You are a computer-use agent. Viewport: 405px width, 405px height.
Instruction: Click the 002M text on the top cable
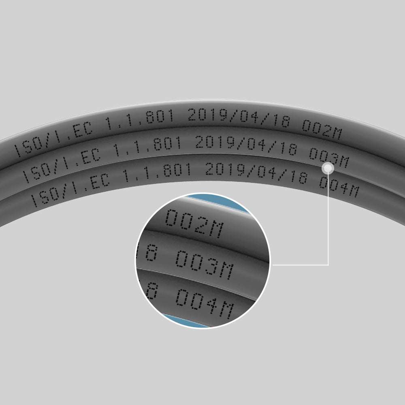point(322,130)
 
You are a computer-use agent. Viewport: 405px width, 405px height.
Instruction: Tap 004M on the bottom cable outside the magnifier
point(339,187)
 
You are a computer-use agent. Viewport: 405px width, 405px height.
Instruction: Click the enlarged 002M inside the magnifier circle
point(194,224)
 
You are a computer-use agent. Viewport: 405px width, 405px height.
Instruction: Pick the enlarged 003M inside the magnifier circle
point(205,265)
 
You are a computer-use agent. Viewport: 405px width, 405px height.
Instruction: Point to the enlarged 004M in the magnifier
point(205,304)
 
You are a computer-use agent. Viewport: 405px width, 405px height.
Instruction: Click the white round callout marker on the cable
point(328,168)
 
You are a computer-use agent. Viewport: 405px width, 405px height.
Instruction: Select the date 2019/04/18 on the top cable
point(239,118)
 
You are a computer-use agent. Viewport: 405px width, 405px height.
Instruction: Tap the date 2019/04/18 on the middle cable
point(246,145)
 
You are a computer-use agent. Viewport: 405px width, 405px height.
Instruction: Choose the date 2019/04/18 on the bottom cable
point(256,173)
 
